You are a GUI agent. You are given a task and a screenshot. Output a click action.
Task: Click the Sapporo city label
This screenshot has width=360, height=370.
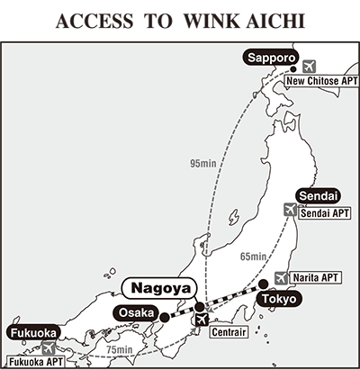click(268, 59)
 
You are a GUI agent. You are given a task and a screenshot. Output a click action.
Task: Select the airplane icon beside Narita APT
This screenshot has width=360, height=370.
click(281, 277)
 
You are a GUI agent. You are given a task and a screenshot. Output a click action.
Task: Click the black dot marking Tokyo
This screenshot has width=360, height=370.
click(264, 283)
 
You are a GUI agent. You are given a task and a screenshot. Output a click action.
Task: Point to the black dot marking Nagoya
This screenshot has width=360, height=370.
click(199, 308)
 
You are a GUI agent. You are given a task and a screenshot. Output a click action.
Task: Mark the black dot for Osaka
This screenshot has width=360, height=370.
click(166, 317)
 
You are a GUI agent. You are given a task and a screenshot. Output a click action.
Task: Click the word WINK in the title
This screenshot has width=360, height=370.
click(204, 22)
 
